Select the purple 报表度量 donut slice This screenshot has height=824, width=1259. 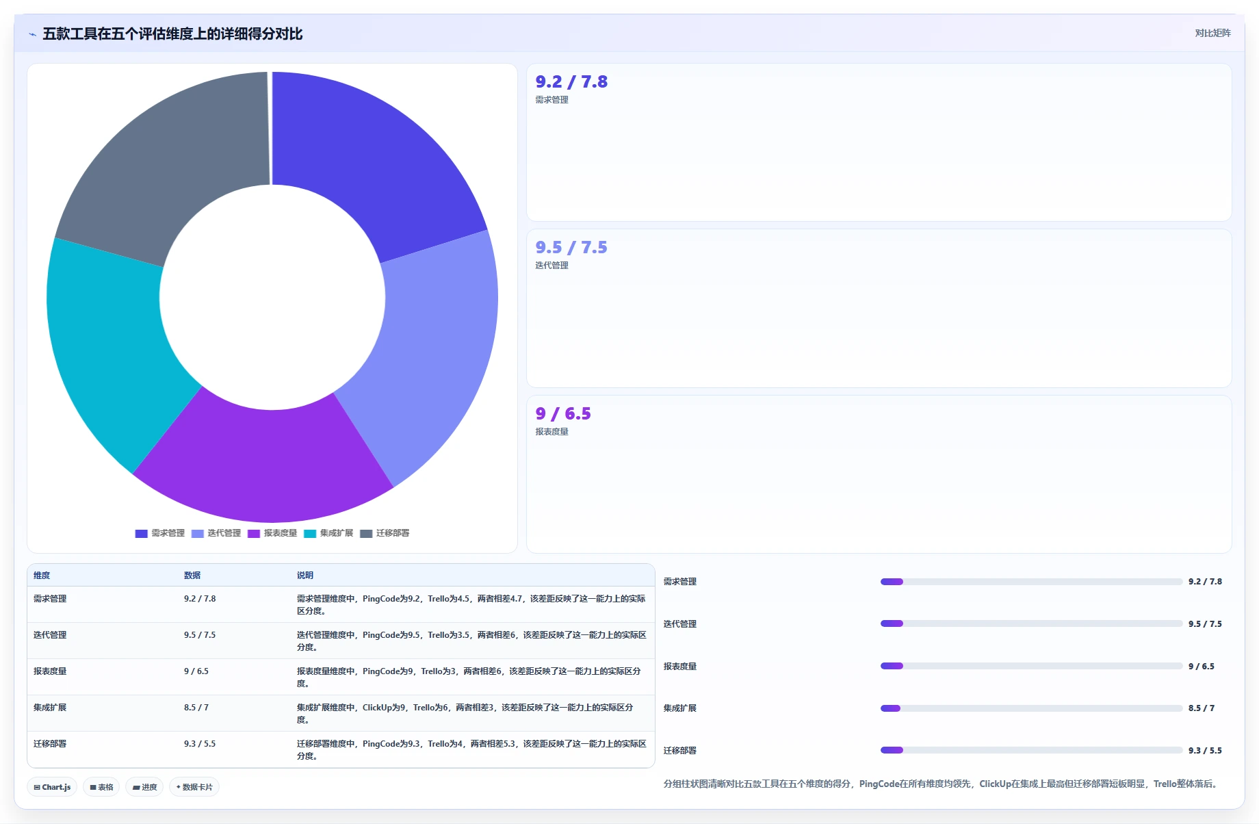click(263, 462)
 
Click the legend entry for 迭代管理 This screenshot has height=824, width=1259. click(216, 533)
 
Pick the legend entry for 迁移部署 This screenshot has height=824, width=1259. click(385, 533)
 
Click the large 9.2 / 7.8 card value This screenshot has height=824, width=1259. click(571, 82)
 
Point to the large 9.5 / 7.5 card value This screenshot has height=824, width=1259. click(571, 248)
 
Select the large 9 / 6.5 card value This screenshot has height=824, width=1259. click(563, 414)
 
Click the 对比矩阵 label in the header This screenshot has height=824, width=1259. click(1212, 34)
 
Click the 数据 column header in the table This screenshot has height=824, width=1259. click(192, 576)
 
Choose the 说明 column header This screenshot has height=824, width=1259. click(305, 576)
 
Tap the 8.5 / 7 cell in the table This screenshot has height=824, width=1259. click(196, 708)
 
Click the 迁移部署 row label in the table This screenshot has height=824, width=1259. click(50, 744)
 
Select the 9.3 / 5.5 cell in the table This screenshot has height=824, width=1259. click(200, 744)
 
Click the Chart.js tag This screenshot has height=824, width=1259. click(52, 787)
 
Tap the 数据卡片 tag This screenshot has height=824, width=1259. click(194, 787)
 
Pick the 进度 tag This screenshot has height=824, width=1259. click(144, 787)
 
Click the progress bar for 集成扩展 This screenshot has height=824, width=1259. click(1031, 708)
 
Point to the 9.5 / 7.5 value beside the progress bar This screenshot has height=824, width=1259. click(1205, 624)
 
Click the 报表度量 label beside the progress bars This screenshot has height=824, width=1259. click(680, 667)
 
